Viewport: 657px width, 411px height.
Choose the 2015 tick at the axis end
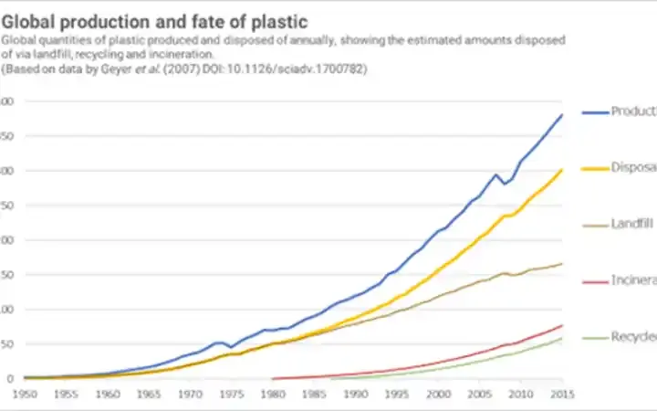coord(562,395)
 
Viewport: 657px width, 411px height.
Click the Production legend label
coord(632,111)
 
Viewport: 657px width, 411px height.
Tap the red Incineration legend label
coord(632,279)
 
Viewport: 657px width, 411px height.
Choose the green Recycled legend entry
coord(632,336)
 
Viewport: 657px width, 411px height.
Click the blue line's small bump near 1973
coord(219,342)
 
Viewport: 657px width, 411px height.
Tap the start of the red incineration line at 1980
coord(273,378)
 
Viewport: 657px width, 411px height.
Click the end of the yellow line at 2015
coord(562,170)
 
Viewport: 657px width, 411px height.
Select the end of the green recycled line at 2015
coord(562,339)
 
